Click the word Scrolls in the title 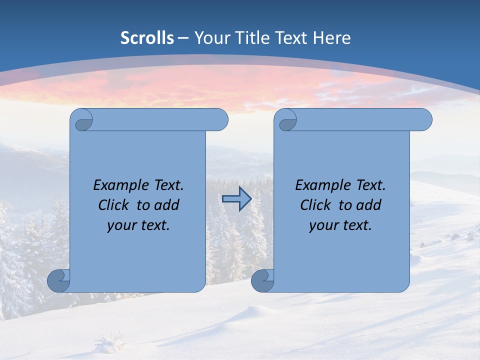[147, 38]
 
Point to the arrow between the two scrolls [236, 199]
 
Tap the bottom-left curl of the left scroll [58, 280]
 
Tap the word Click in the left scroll [113, 205]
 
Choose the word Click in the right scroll [315, 205]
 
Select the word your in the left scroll [121, 225]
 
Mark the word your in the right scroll [323, 225]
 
